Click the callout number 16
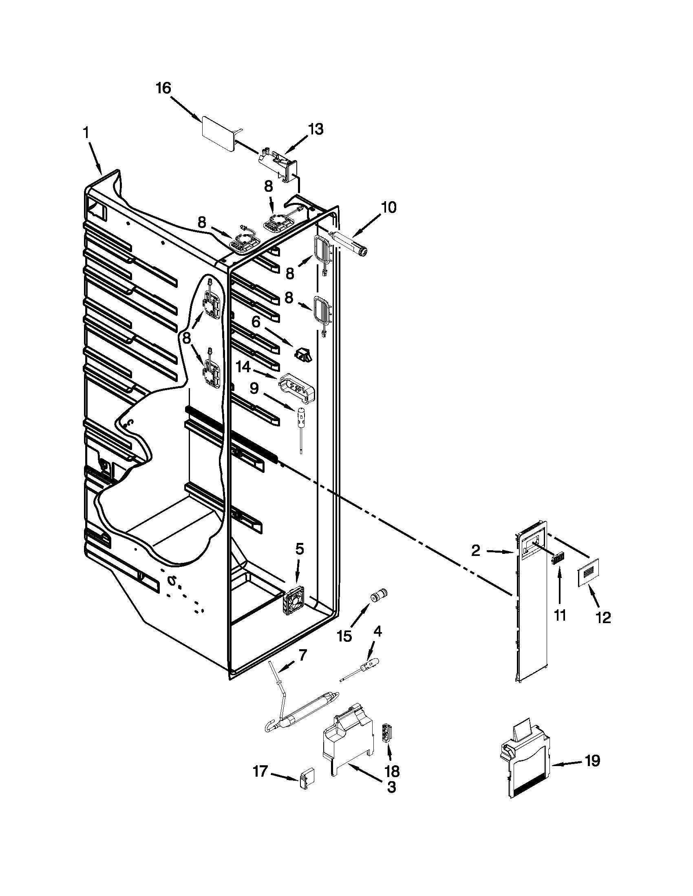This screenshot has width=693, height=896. point(163,88)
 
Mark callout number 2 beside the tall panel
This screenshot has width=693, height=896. point(475,551)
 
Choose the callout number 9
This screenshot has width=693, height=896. point(254,388)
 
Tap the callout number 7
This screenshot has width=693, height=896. point(302,655)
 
